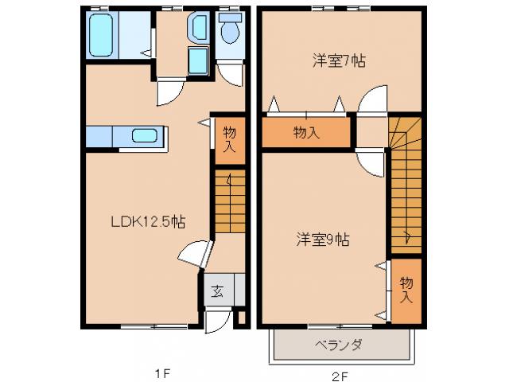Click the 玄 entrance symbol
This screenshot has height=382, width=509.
(216, 291)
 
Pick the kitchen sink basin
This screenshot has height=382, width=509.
(144, 134)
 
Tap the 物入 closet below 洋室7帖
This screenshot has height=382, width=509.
(306, 132)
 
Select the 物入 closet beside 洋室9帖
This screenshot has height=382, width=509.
(406, 290)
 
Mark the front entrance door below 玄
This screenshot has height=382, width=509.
(215, 321)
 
